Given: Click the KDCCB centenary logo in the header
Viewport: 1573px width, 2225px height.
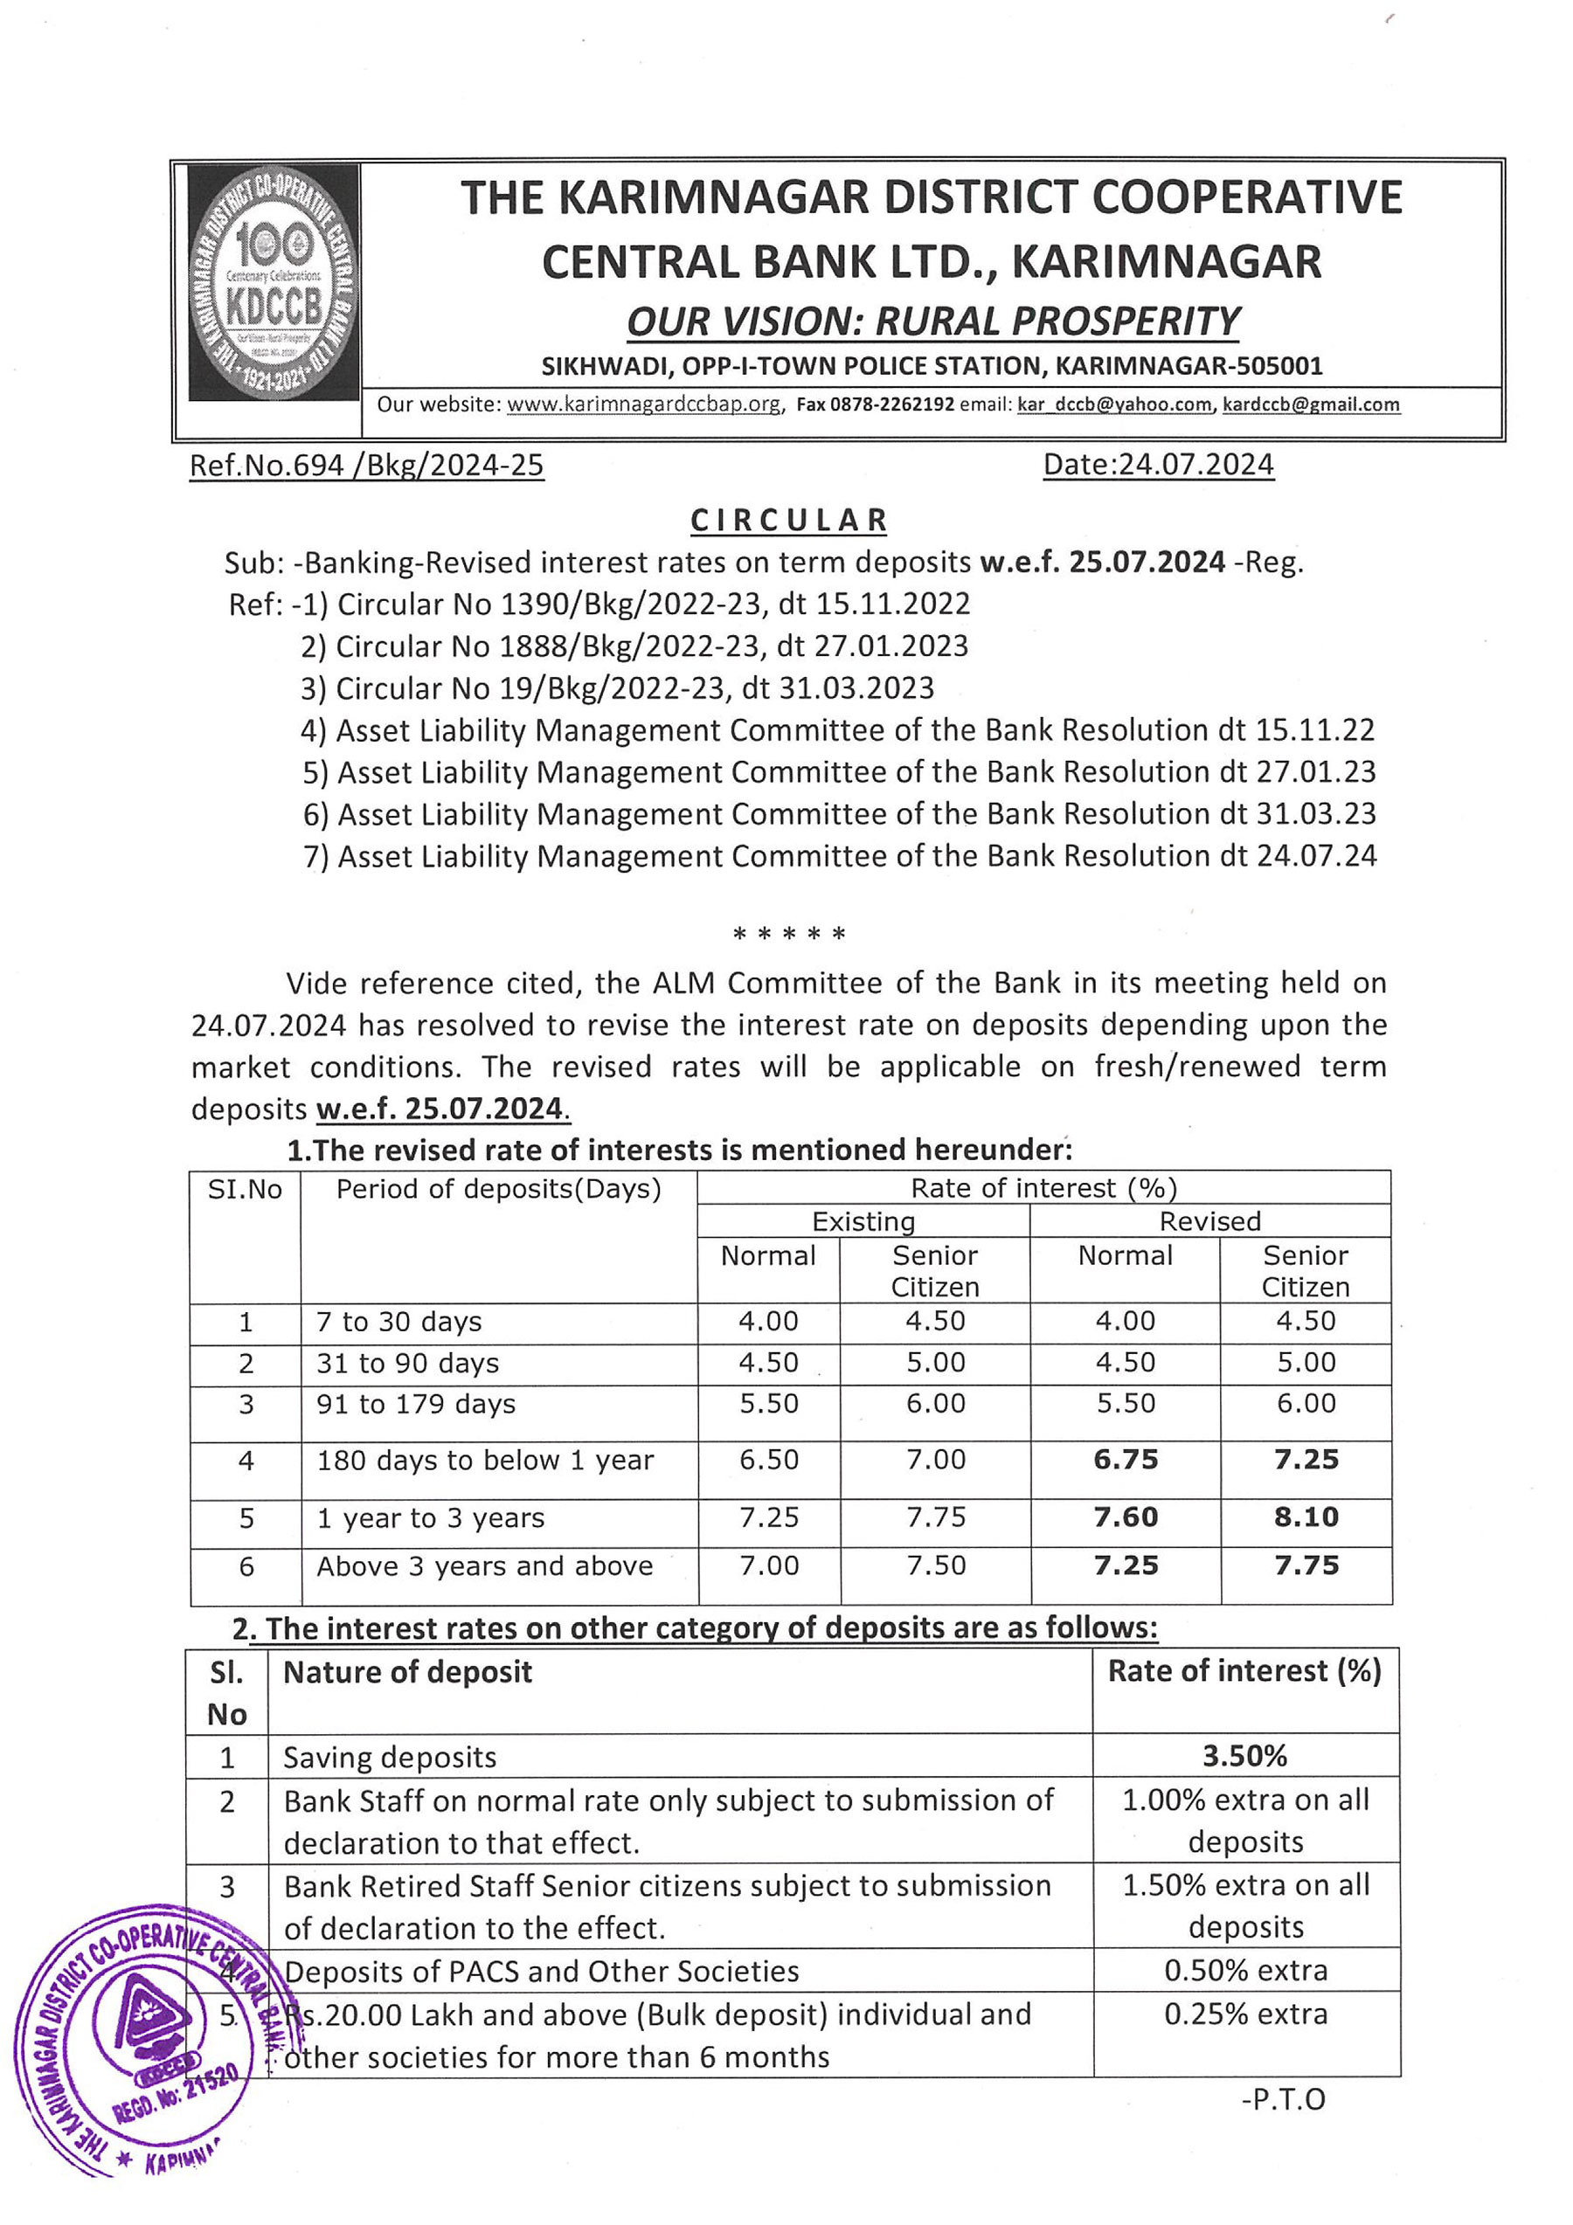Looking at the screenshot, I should click(x=274, y=283).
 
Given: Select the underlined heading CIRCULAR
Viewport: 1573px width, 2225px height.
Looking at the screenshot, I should click(x=789, y=521).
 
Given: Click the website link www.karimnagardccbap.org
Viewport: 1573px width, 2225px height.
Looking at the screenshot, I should click(x=643, y=405).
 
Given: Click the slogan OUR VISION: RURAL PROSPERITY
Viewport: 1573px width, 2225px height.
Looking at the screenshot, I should click(x=932, y=321).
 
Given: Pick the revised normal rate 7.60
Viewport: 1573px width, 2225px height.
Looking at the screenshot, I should click(x=1126, y=1517).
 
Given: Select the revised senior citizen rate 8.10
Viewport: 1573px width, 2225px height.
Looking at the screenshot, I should click(x=1306, y=1517).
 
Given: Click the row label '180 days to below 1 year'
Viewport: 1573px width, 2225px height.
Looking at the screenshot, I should click(x=485, y=1461).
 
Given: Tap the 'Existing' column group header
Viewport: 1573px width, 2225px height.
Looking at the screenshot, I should click(x=863, y=1221).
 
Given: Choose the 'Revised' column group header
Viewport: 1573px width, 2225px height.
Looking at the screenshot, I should click(x=1209, y=1221).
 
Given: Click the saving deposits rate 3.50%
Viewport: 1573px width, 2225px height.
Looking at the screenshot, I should click(x=1244, y=1756).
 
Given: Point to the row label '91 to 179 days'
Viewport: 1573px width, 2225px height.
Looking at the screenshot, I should click(x=416, y=1404).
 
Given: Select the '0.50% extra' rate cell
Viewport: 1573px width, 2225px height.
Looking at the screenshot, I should click(x=1245, y=1970).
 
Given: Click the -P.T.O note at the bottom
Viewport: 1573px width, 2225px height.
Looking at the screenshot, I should click(x=1282, y=2099).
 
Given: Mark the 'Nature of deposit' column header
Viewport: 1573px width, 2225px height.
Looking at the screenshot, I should click(x=407, y=1672).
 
